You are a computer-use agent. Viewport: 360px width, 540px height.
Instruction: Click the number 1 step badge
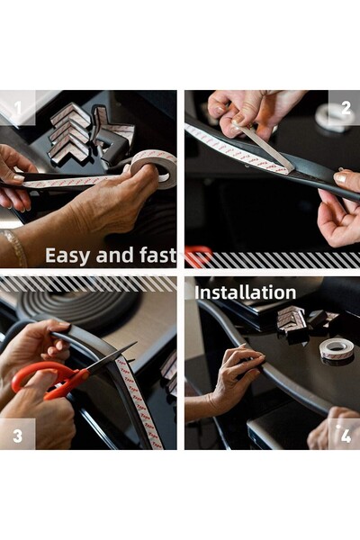[x=18, y=108]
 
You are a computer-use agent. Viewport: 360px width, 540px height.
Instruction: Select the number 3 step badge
[x=18, y=435]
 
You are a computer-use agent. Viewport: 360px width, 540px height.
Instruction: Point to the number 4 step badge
[x=344, y=435]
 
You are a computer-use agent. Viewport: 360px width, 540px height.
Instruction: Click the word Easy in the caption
[x=68, y=256]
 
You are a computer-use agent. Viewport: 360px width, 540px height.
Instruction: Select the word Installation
[x=246, y=292]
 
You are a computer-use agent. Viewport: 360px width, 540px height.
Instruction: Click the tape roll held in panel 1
[x=154, y=169]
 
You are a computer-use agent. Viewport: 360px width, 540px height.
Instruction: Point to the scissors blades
[x=110, y=357]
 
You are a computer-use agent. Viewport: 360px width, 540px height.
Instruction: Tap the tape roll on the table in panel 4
[x=336, y=351]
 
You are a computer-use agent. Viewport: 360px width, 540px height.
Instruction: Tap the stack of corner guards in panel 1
[x=69, y=132]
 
